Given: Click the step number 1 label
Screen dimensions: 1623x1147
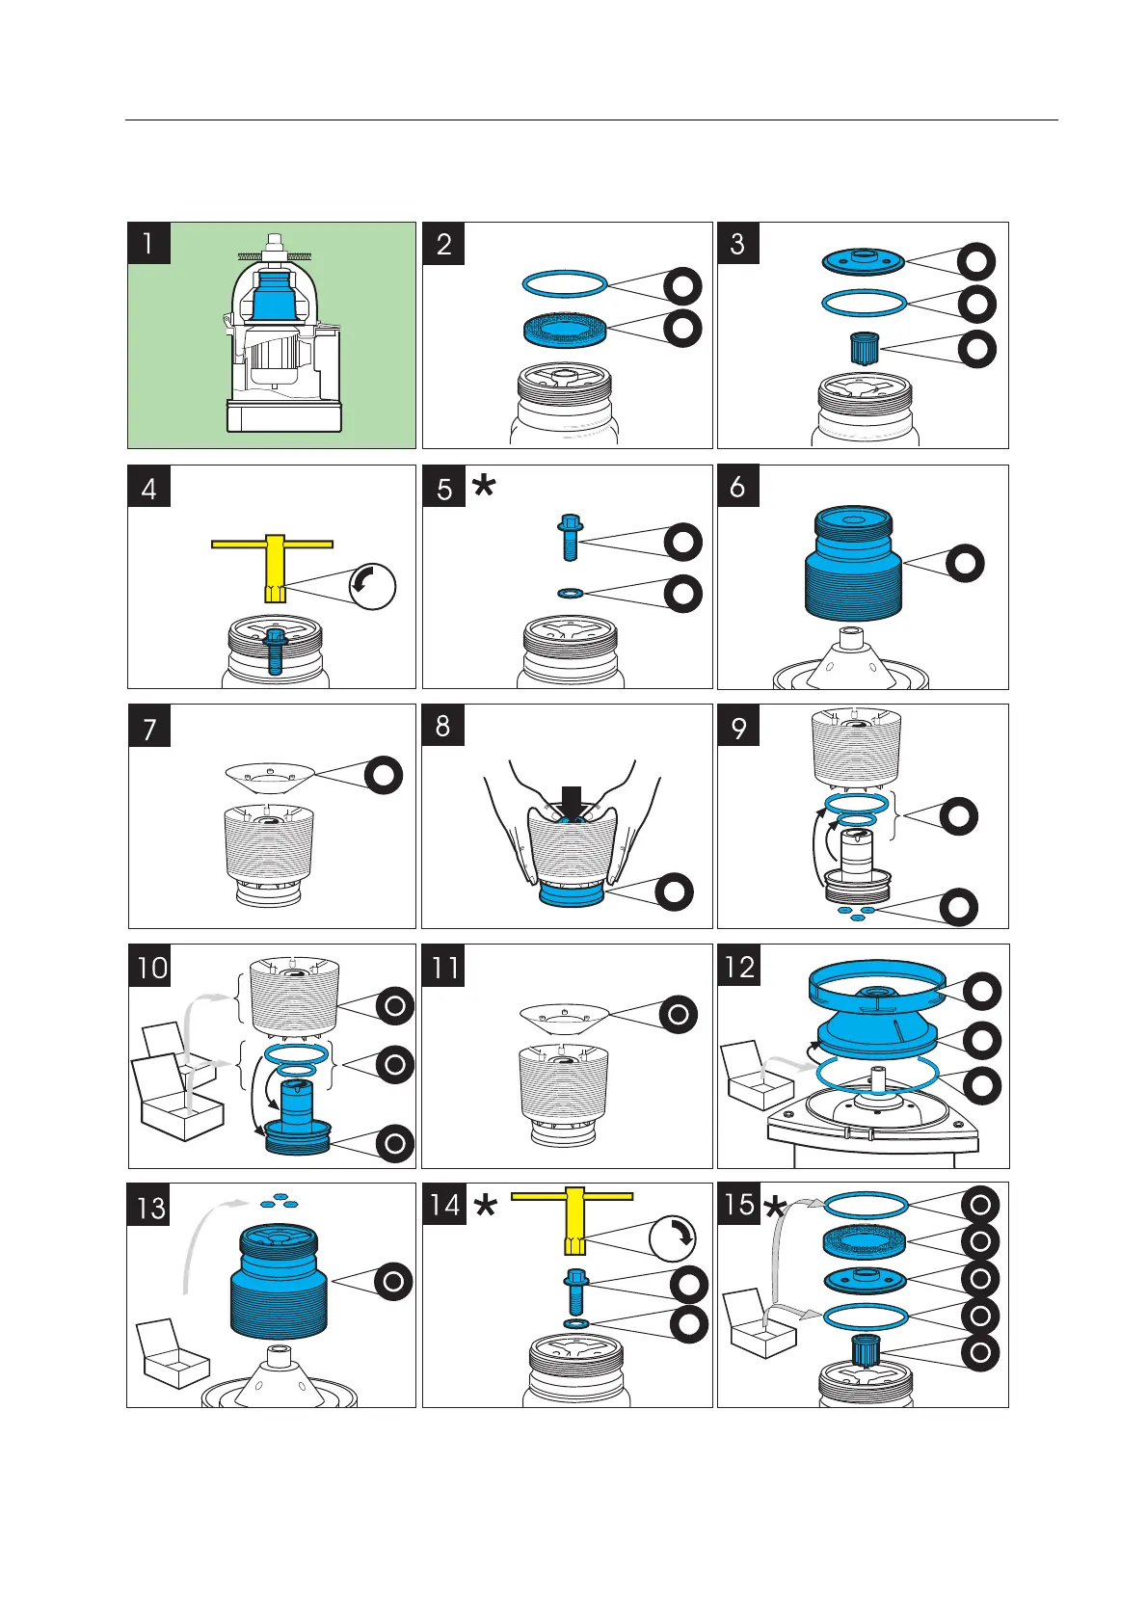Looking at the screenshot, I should pyautogui.click(x=148, y=243).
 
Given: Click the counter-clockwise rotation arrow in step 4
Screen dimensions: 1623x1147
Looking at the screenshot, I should pyautogui.click(x=372, y=586).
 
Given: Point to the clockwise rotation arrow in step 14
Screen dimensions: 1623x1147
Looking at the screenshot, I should pyautogui.click(x=673, y=1237).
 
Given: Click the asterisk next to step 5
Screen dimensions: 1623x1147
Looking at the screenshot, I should pyautogui.click(x=484, y=488).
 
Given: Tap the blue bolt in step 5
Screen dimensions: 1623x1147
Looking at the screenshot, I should pyautogui.click(x=568, y=538).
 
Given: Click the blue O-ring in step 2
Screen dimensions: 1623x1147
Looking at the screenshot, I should pyautogui.click(x=565, y=284).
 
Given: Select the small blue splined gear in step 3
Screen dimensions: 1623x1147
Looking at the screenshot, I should pyautogui.click(x=864, y=348).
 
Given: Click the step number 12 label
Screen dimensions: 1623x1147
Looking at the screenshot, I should pyautogui.click(x=739, y=966).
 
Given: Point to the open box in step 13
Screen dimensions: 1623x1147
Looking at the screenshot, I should pyautogui.click(x=173, y=1354).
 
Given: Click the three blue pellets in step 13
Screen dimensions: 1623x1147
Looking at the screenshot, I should pyautogui.click(x=280, y=1201).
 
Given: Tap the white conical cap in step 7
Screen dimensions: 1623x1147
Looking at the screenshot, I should pyautogui.click(x=270, y=773).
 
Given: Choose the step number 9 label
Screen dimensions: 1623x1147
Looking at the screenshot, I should pyautogui.click(x=738, y=726).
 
